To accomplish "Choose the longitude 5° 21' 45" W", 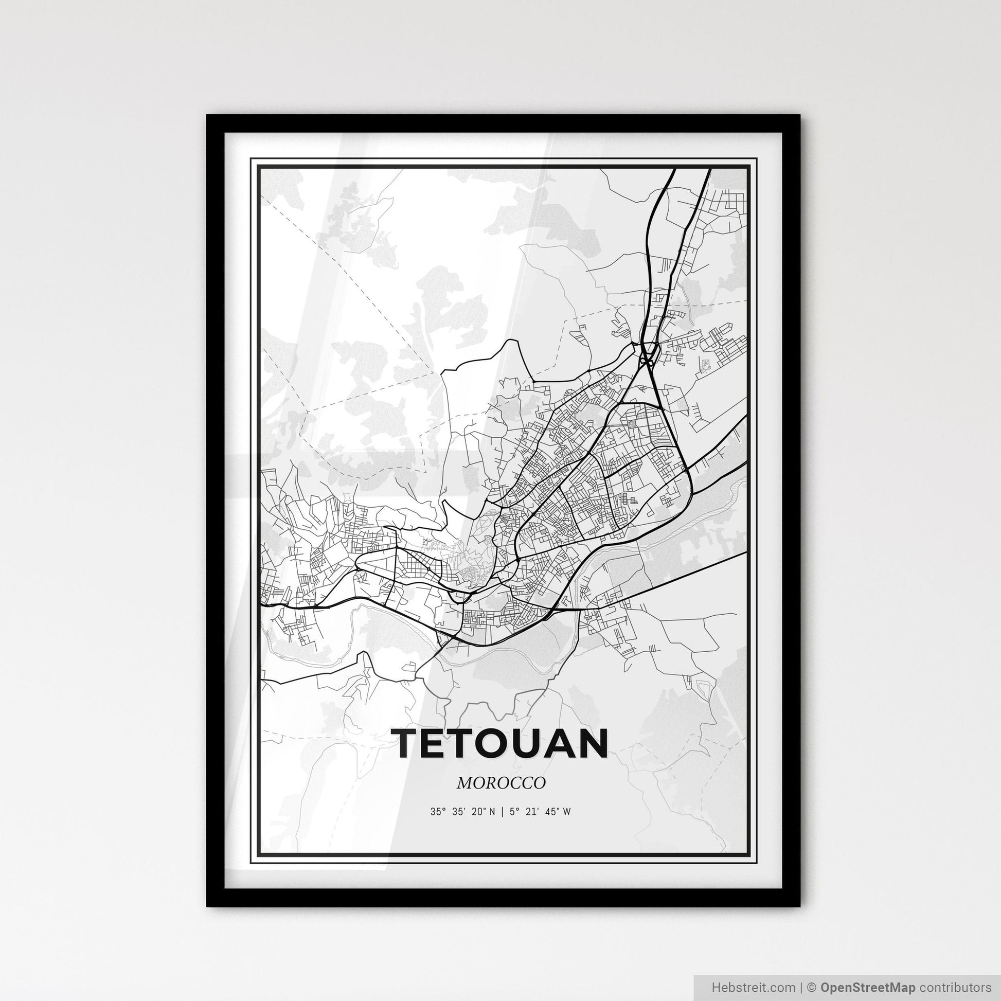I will (x=541, y=812).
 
